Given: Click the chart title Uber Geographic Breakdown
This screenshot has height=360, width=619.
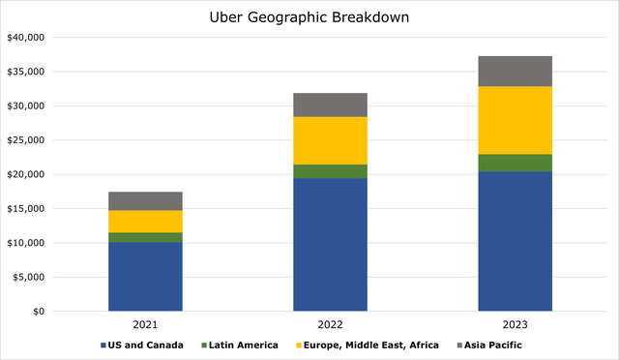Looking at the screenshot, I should point(309,16).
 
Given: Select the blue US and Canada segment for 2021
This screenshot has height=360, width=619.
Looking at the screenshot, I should point(145,277).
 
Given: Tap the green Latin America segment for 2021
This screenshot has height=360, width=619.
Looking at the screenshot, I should point(145,237).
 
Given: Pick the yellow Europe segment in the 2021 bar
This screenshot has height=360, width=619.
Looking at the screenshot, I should point(145,222).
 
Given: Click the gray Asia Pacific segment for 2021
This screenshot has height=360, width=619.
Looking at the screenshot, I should point(145,200).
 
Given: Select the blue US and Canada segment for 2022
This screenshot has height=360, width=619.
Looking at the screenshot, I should point(330,245).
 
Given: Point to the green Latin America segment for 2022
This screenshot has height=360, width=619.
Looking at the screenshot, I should point(330,171).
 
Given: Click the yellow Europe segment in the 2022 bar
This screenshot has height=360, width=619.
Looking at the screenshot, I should point(330,140).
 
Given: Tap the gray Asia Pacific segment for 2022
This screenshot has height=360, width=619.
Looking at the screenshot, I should point(330,105).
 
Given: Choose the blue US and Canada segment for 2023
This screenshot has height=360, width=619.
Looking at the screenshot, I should point(515,242).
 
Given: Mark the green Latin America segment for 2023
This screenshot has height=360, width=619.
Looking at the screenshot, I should point(515,163).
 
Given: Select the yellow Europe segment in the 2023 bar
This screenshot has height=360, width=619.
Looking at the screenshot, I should point(515,120).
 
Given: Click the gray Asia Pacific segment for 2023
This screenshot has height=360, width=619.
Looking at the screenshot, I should point(515,71).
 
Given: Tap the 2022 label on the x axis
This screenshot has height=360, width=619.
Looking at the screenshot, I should point(330,325).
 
